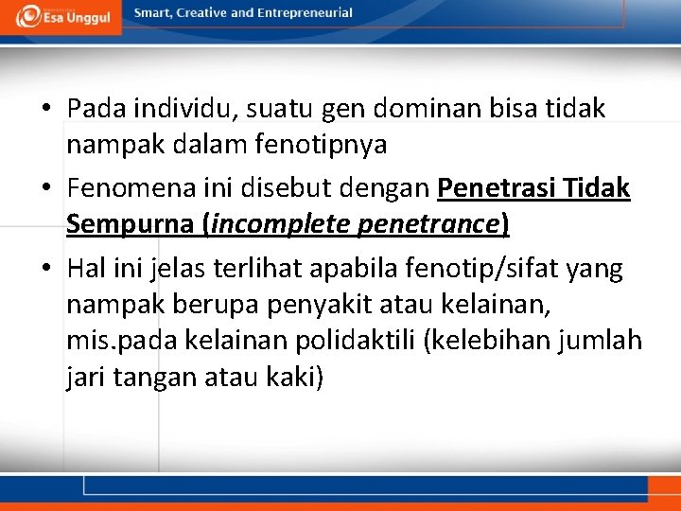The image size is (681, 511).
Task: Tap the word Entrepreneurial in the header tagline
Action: pos(306,13)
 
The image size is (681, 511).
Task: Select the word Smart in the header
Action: pos(152,13)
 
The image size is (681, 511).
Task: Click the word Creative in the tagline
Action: pos(202,13)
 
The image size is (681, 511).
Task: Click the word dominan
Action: pos(410,110)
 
